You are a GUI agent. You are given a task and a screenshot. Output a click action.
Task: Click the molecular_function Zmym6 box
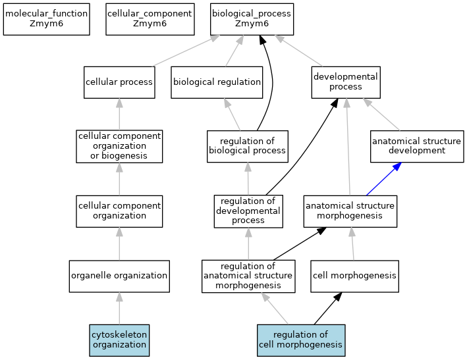pos(46,18)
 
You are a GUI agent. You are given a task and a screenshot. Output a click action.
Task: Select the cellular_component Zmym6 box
pos(150,18)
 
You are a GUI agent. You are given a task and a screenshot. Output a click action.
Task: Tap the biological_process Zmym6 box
pos(252,18)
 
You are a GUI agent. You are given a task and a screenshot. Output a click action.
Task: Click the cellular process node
pos(119,82)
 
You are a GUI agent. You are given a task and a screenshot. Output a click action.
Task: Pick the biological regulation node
pos(217,82)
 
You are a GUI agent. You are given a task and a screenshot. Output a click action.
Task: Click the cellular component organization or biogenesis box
pos(119,146)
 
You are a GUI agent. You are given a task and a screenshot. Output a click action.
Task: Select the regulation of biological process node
pos(248,145)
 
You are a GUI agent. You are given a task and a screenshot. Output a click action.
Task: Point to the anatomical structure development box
pos(408,146)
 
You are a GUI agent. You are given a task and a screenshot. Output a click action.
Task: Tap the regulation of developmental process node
pos(248,211)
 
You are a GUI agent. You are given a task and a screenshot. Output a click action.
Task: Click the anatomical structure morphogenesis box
pos(350,211)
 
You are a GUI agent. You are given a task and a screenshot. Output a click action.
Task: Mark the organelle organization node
pos(119,276)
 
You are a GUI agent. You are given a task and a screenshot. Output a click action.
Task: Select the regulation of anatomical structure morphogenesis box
pos(248,276)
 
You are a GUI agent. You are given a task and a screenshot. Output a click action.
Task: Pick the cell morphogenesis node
pos(354,276)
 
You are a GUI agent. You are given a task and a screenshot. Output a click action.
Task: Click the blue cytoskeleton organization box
pos(119,340)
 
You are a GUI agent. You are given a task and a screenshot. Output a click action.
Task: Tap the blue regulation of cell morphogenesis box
pos(300,340)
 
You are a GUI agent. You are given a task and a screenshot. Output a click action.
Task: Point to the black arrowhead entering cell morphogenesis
pos(337,297)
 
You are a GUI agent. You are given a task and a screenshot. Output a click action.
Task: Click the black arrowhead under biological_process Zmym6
pos(262,40)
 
